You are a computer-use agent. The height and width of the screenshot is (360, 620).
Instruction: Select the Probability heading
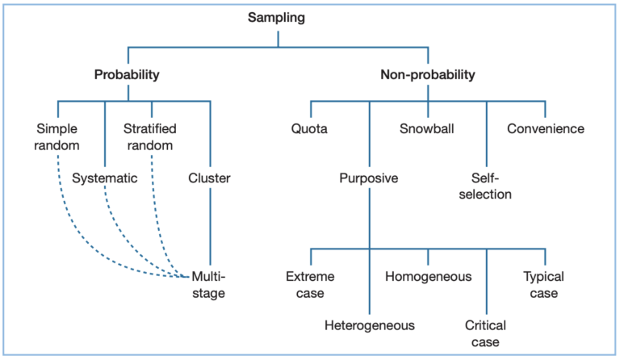point(127,75)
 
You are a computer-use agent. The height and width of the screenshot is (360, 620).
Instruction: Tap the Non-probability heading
point(428,75)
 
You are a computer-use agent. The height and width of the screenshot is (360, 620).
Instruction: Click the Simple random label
point(58,136)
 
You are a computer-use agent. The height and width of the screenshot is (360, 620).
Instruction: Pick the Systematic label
point(105,178)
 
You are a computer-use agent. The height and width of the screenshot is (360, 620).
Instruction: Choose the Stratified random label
point(150,136)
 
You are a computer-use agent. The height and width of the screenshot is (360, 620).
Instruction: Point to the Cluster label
point(209,178)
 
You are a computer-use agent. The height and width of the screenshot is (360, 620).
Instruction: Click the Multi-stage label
point(208,285)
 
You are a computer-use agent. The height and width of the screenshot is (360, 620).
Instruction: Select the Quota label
point(311,128)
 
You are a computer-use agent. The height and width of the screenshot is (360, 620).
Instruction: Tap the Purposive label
point(369,178)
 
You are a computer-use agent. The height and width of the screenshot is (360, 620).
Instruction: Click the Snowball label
point(428,128)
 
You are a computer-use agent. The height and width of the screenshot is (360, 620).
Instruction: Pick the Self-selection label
point(486,186)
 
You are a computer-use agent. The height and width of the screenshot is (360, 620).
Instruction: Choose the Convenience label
point(545,128)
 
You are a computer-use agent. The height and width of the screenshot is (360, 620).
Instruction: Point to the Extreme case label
point(311,285)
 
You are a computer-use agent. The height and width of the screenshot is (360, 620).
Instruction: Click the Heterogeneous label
point(369,325)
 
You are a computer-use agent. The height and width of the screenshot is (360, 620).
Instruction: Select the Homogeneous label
point(428,277)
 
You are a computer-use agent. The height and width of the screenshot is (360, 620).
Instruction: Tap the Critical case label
point(486,333)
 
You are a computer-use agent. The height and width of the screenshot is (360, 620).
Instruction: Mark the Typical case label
point(544,285)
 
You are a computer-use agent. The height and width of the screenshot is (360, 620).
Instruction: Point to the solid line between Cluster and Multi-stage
point(210,226)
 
